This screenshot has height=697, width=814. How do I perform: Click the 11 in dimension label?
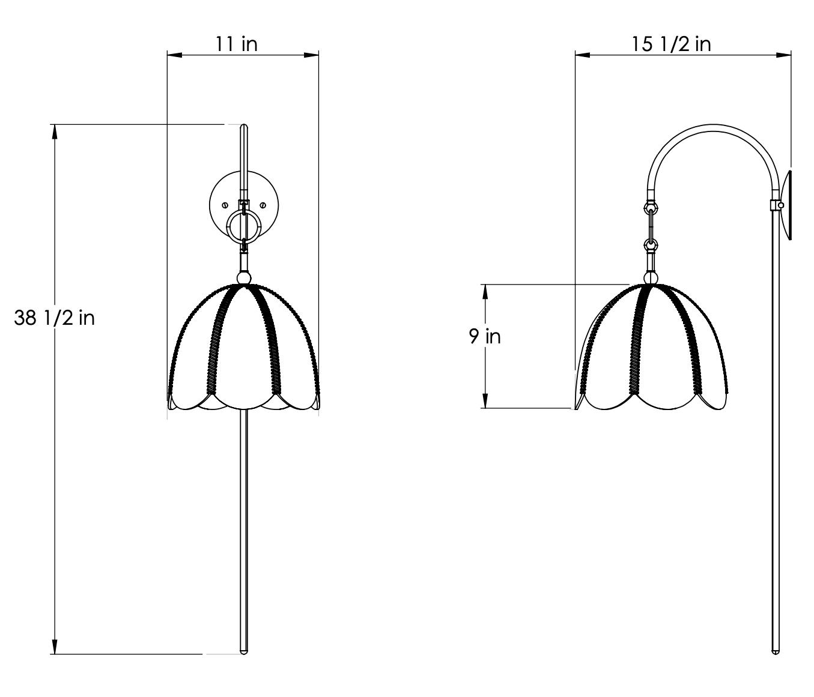236,43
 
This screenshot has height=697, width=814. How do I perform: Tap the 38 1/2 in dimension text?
54,318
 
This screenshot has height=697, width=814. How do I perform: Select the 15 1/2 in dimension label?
672,44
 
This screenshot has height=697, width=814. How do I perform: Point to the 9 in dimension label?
485,337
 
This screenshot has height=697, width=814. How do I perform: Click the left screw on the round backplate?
225,205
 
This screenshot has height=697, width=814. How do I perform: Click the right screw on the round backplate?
263,205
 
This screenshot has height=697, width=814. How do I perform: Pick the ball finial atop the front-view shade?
244,278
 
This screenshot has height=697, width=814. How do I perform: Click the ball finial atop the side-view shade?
650,278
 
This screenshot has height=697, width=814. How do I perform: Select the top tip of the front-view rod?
244,125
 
